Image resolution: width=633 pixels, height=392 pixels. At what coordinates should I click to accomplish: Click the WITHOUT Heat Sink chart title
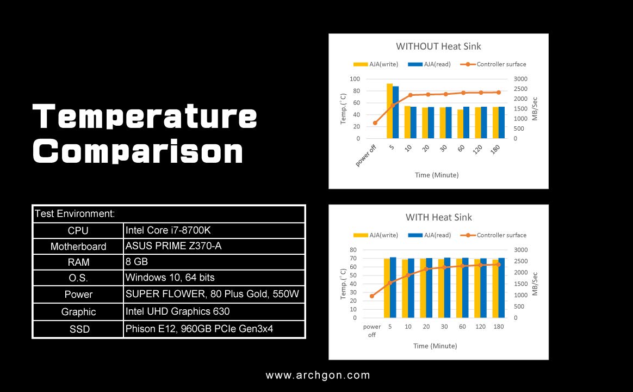[x=438, y=47]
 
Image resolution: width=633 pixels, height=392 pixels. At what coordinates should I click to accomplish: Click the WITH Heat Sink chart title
[x=438, y=217]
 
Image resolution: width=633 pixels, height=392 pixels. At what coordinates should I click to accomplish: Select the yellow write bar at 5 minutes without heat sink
[x=389, y=111]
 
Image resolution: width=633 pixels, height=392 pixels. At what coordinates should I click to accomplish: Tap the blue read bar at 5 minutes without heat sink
[x=396, y=112]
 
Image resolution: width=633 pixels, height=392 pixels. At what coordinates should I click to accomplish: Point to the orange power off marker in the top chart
[x=375, y=123]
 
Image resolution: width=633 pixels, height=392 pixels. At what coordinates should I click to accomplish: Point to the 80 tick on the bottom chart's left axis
[x=353, y=250]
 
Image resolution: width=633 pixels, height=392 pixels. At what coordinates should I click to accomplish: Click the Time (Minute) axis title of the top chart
[x=436, y=175]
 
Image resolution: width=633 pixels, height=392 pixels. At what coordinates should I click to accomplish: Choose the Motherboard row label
[x=78, y=247]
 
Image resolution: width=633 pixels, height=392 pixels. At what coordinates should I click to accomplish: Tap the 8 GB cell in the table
[x=136, y=262]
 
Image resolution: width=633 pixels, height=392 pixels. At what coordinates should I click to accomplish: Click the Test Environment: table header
[x=75, y=214]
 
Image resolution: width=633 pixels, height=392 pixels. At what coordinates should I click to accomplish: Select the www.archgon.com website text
[x=318, y=375]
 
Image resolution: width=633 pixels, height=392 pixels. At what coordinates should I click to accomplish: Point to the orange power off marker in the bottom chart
[x=372, y=296]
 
